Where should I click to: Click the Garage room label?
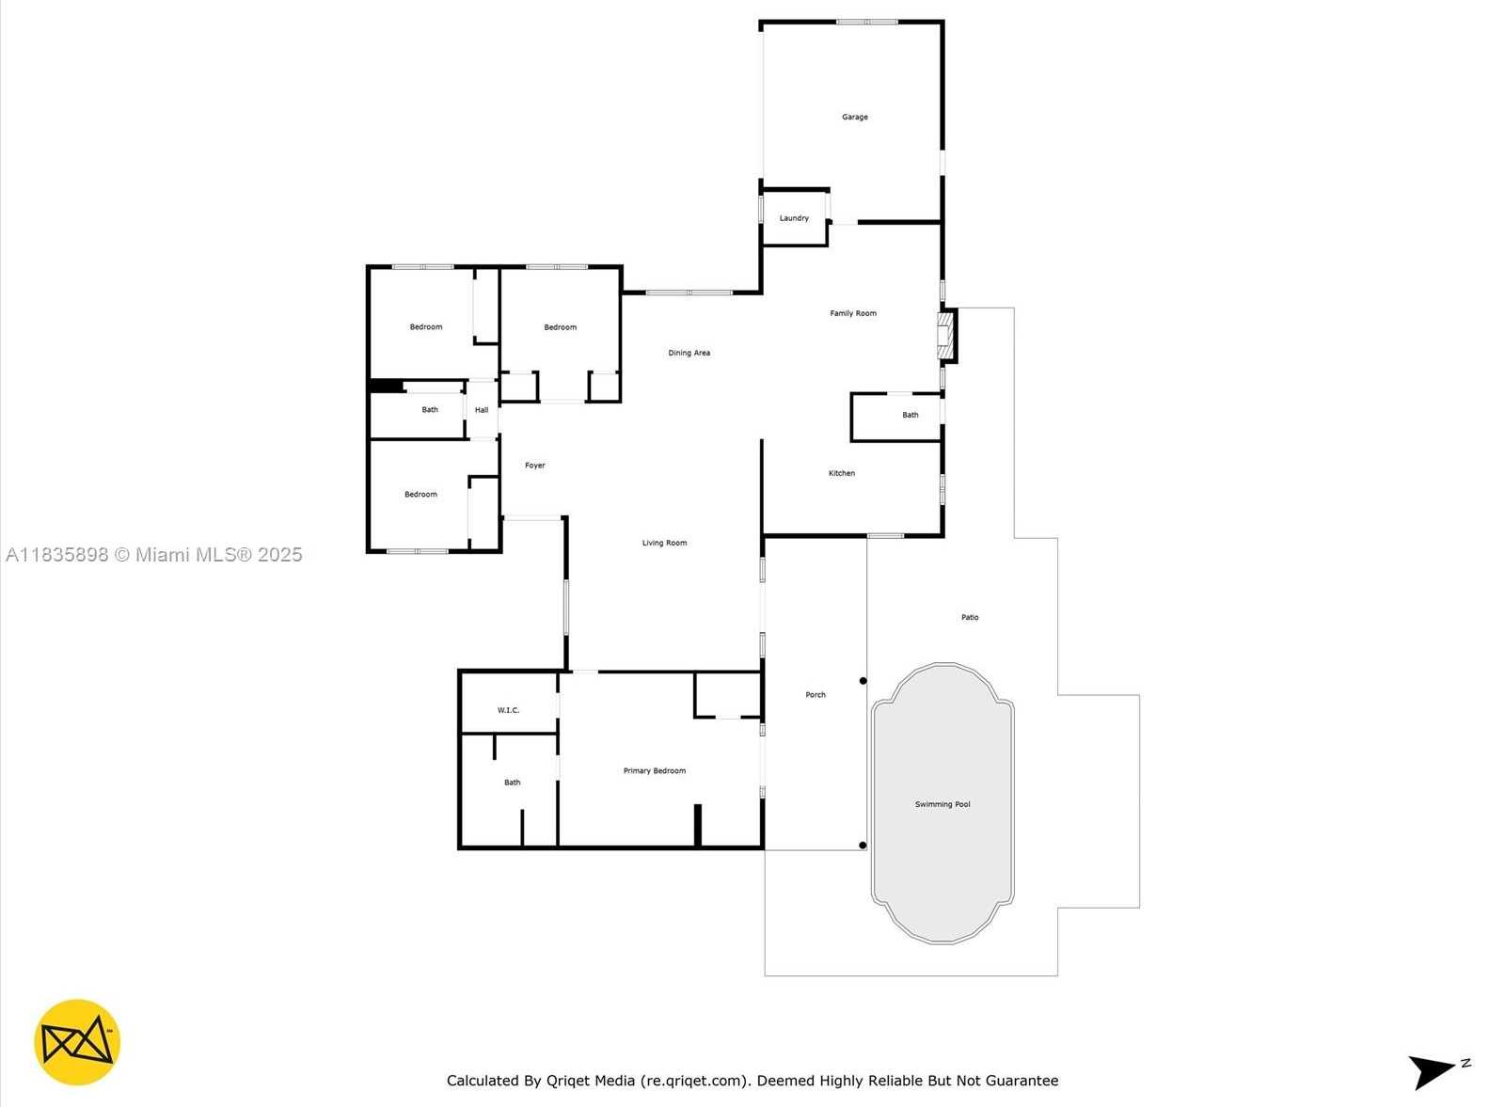click(x=855, y=117)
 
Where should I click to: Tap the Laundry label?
click(x=794, y=218)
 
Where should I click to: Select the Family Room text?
click(x=853, y=313)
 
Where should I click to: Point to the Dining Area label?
click(x=689, y=353)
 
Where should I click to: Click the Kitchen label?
click(x=842, y=473)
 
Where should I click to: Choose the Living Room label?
click(x=664, y=543)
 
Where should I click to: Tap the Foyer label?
click(x=535, y=465)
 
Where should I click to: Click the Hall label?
click(x=482, y=410)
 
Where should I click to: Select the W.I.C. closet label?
click(x=508, y=710)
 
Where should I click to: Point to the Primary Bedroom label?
click(x=655, y=770)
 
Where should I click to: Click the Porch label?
click(x=816, y=694)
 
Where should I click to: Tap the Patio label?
click(x=970, y=617)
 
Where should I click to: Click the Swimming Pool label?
click(x=943, y=804)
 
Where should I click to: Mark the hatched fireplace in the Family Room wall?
click(x=946, y=335)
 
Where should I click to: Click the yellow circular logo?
click(x=77, y=1042)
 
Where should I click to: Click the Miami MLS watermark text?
click(x=154, y=555)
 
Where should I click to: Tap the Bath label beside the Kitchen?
click(x=911, y=415)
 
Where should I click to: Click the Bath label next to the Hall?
click(x=430, y=409)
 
